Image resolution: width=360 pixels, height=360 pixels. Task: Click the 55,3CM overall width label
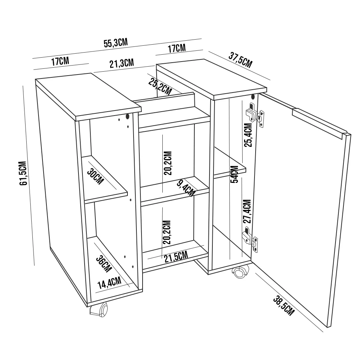pyautogui.click(x=116, y=43)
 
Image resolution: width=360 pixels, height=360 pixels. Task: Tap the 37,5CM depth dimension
pyautogui.click(x=240, y=60)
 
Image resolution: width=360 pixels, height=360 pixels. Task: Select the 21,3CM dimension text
pyautogui.click(x=122, y=64)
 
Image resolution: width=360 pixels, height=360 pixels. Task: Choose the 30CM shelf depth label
pyautogui.click(x=95, y=176)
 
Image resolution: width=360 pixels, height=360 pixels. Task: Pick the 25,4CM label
pyautogui.click(x=248, y=136)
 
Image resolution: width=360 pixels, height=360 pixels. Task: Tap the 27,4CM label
pyautogui.click(x=247, y=212)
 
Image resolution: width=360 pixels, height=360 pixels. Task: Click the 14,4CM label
pyautogui.click(x=109, y=283)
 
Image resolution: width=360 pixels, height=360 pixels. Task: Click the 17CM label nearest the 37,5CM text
pyautogui.click(x=177, y=48)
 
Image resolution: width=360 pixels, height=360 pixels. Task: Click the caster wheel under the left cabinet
pyautogui.click(x=99, y=310)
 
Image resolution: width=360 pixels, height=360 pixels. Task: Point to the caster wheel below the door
pyautogui.click(x=240, y=273)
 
